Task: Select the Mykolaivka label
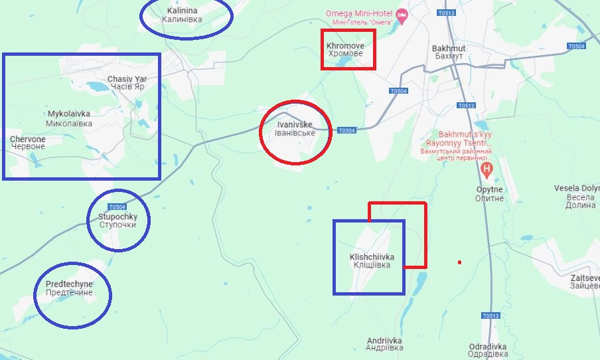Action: coord(69,118)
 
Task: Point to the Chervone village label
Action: coord(28,142)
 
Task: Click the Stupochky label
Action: coord(117,221)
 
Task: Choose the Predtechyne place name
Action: coord(69,288)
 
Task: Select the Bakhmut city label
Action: coord(449,52)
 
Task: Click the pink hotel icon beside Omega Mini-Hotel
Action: coord(401,15)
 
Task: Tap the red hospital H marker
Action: coord(487,169)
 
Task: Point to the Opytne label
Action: coord(489,193)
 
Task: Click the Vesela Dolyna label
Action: coord(576,197)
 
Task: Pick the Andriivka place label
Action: coord(384,345)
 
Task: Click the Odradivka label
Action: coord(488,350)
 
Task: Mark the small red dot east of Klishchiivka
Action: coord(459,262)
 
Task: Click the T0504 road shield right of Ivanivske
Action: coord(346,130)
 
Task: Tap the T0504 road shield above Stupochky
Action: coord(117,207)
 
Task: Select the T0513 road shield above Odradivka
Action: coord(490,315)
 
